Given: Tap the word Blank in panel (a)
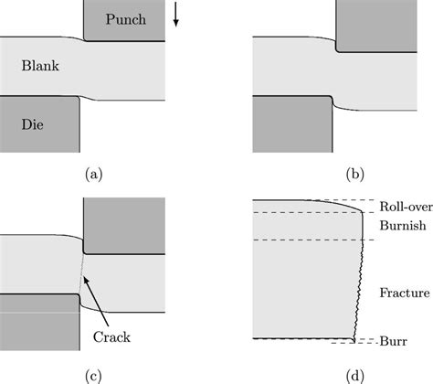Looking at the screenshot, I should [36, 68].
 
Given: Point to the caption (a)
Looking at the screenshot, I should [92, 171].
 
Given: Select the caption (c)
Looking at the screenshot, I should [92, 370].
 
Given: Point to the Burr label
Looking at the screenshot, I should [391, 340].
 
